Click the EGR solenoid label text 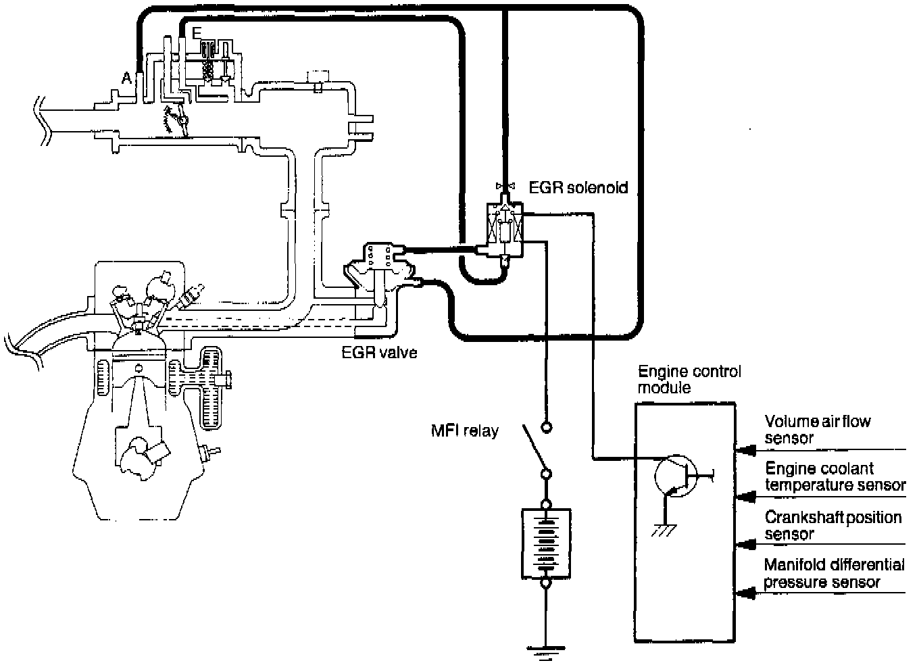coord(578,187)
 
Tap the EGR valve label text coord(380,352)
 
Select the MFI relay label coord(465,430)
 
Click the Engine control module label coord(690,380)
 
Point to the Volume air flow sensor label coord(817,429)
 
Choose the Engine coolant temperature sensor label coord(835,476)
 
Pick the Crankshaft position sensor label coord(833,526)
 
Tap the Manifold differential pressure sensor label coord(834,574)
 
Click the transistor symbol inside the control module coord(676,476)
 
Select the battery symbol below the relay coord(546,544)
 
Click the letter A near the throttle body coord(127,78)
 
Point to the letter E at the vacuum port coord(197,33)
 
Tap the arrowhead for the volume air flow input coord(745,450)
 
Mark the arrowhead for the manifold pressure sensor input coord(745,593)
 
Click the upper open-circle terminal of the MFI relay coord(547,428)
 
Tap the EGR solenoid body coord(505,229)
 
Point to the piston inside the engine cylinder coord(139,382)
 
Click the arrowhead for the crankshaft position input coord(745,545)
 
